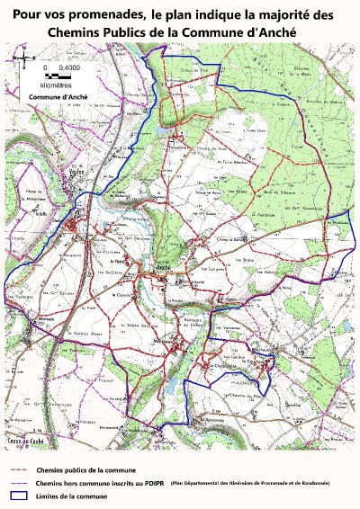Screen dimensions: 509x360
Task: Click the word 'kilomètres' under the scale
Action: (x=57, y=85)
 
